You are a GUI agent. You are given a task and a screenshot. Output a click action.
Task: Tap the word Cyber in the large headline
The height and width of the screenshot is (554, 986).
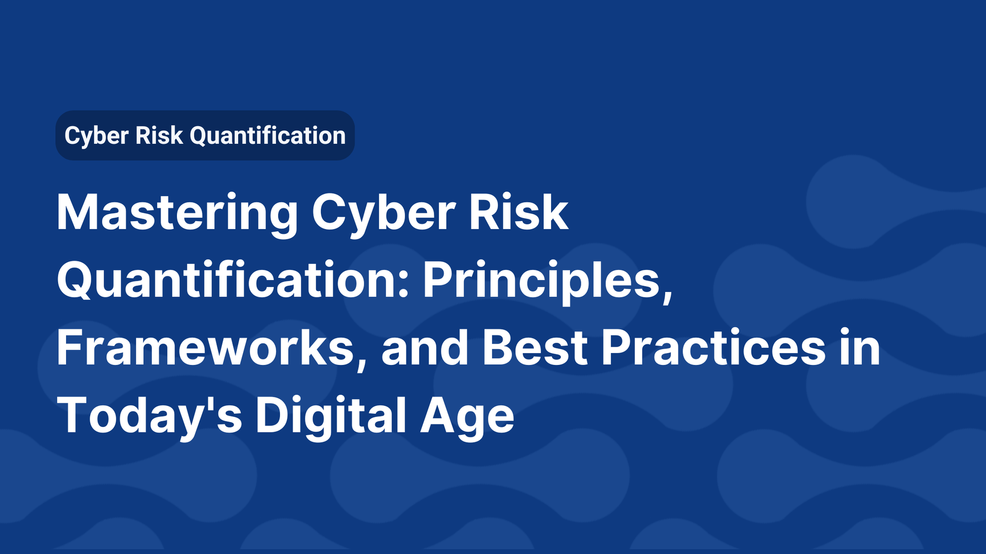[x=383, y=213]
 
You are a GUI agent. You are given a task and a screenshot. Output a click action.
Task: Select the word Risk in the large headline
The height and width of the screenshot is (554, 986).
[x=518, y=213]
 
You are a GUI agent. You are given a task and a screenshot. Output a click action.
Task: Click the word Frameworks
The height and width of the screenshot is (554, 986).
[x=205, y=348]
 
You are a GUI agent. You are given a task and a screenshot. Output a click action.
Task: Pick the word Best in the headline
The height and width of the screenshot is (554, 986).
[x=535, y=348]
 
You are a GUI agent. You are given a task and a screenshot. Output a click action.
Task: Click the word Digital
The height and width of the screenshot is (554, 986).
[x=331, y=416]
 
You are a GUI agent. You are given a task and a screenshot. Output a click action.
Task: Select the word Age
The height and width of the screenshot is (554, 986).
[x=467, y=416]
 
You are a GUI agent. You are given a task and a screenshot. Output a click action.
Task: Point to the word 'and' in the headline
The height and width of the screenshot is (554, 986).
[x=424, y=348]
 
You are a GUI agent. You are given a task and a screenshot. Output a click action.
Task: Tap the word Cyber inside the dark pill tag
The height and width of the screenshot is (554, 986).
[x=97, y=136]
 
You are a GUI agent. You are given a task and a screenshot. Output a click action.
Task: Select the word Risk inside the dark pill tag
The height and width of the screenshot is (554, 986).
[x=159, y=136]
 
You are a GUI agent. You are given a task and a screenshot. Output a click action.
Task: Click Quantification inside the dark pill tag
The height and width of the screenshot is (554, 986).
[x=268, y=136]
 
